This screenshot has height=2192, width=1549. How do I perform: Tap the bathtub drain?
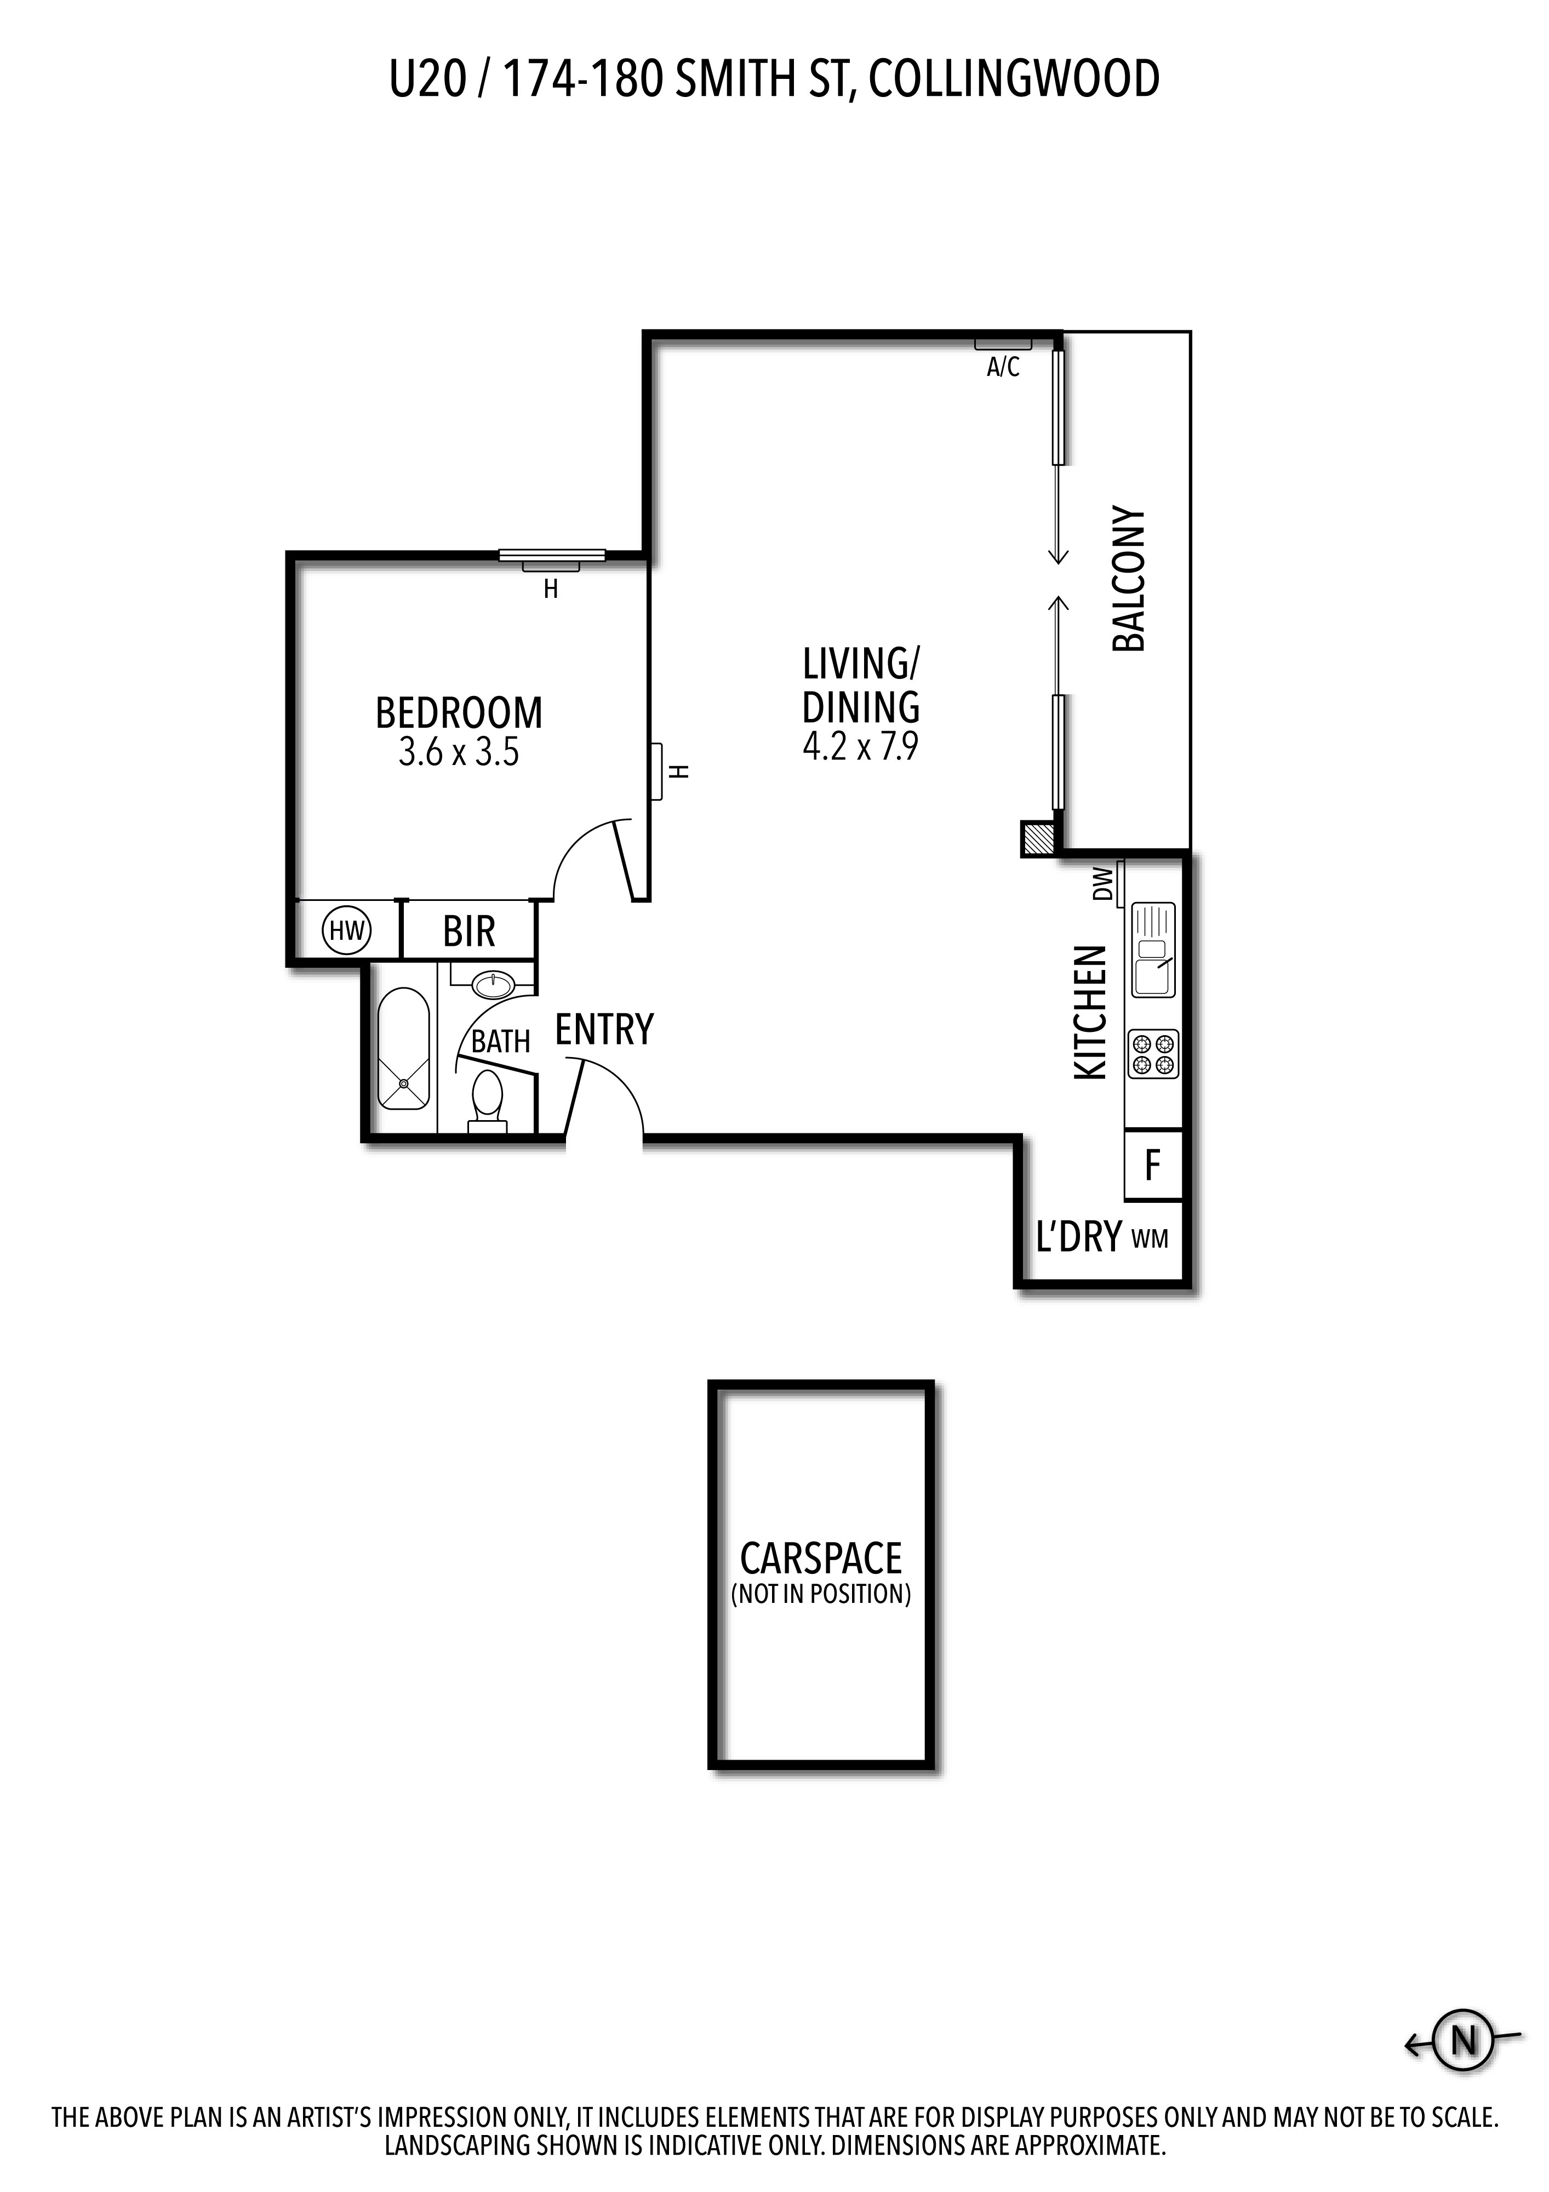coord(404,1083)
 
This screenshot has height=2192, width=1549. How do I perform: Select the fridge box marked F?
coord(1153,1164)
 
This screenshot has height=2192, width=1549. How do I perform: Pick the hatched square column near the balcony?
coord(1037,839)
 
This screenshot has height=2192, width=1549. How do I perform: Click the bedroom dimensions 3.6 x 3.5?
coord(459,752)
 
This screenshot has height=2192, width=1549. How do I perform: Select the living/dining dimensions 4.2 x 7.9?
coord(861,746)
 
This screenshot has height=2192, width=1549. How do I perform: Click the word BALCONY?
coord(1129,579)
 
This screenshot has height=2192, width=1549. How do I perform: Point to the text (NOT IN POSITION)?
coord(821,1594)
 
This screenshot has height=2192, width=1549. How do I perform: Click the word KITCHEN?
coord(1091,1013)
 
